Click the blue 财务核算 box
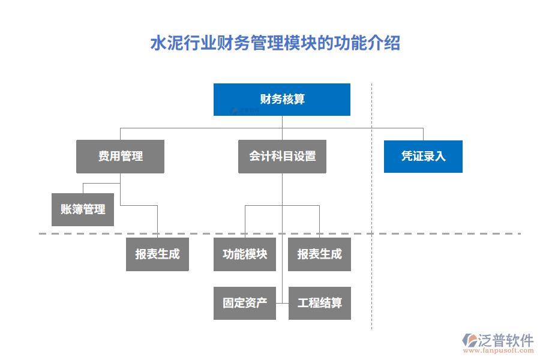(282, 99)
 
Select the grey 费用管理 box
(120, 157)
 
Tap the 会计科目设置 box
(282, 157)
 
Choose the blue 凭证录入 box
(423, 157)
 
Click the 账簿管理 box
(83, 209)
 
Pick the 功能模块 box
(245, 254)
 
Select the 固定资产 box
(245, 303)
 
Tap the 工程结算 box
(319, 303)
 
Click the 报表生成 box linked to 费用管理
(157, 254)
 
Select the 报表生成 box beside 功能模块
(319, 254)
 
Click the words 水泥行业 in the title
(175, 44)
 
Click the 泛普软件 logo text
(505, 341)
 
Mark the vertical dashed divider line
(371, 282)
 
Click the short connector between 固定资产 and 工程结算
(282, 303)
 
